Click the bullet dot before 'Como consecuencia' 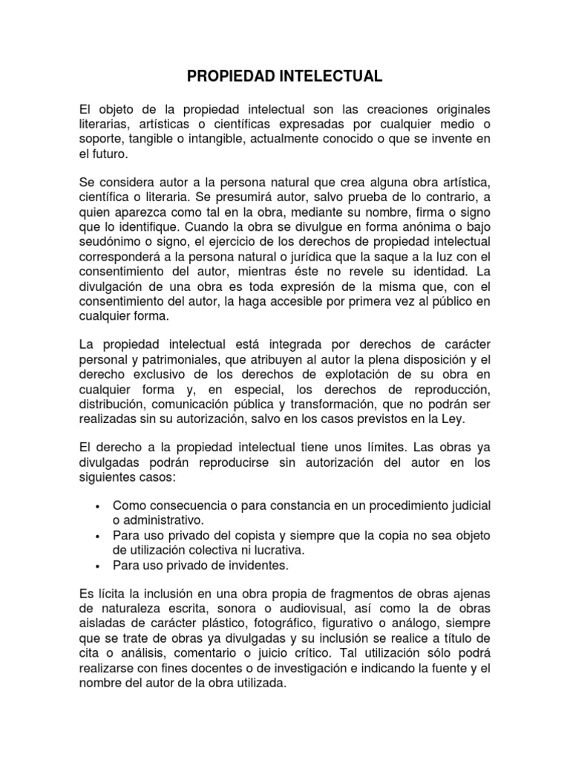[98, 506]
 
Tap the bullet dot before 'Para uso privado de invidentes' [98, 566]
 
